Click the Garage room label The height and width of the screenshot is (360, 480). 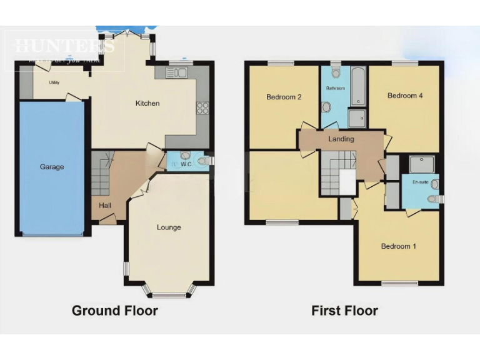pos(52,167)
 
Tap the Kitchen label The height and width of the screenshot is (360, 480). pos(147,103)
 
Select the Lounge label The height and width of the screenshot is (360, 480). pos(169,227)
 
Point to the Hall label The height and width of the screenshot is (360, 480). pos(104,205)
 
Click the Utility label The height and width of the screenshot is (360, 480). pos(54,82)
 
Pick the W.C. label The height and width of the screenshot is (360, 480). pos(187,165)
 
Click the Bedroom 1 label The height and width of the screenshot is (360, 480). pos(399,246)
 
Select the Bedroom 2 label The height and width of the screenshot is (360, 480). pos(284,97)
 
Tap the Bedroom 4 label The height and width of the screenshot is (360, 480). pos(405,96)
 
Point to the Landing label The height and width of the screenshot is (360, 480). pos(341,139)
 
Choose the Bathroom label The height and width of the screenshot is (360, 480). pos(335,88)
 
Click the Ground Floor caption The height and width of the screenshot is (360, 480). pos(115,311)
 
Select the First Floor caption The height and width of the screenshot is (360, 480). pos(344,311)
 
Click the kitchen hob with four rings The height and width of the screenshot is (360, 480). pos(202,108)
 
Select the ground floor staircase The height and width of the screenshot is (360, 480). pos(100,177)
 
